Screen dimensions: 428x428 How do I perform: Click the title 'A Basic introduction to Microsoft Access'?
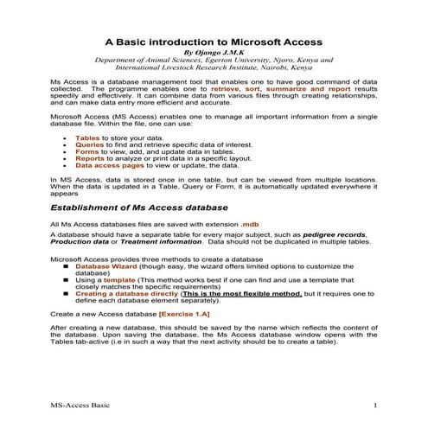coord(214,41)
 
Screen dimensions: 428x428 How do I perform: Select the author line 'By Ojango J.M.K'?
coord(214,52)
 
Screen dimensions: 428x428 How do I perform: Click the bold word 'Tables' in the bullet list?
coord(88,137)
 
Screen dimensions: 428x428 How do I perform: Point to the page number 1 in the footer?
coord(374,406)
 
